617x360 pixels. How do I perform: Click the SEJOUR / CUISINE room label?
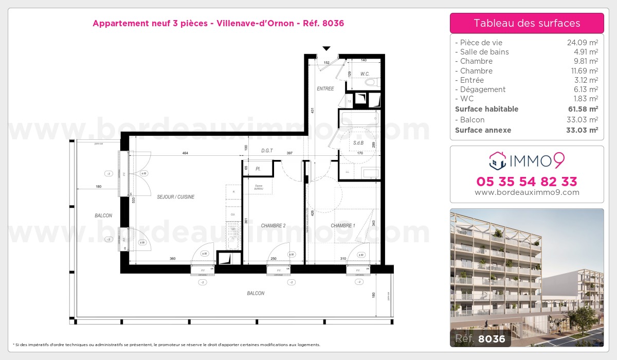coord(176,197)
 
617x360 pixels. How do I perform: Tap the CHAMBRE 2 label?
coord(273,226)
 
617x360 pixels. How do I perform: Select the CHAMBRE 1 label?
coord(342,226)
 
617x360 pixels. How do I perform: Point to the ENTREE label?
coord(325,88)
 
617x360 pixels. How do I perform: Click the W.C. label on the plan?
coord(365,74)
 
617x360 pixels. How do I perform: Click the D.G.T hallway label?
coord(266,151)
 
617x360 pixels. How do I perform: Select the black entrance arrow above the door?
coord(326,48)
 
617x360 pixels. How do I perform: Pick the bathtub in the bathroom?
coord(358,119)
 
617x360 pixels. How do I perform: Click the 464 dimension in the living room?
coord(184,153)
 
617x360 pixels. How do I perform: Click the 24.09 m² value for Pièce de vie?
coord(582,43)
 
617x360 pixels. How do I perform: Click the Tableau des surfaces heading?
coord(527,23)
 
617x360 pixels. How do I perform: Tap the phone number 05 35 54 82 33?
coord(527,182)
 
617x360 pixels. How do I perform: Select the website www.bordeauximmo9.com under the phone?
coord(527,192)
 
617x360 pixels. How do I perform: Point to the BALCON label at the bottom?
coord(256,293)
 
